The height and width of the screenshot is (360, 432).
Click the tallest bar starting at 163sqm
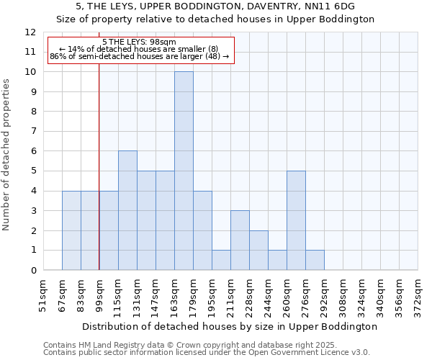[x=184, y=171]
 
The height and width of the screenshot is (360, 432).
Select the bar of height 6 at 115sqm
[x=127, y=210]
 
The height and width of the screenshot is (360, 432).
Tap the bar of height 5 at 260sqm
[x=296, y=220]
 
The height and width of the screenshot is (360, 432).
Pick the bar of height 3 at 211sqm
[x=240, y=240]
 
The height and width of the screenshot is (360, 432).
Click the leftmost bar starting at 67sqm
[x=71, y=230]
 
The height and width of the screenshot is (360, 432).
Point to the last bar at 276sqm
[x=315, y=260]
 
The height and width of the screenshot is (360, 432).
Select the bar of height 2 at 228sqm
[x=258, y=250]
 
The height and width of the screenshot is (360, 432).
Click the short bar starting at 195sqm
[x=221, y=260]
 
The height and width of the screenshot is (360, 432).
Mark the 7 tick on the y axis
[x=32, y=132]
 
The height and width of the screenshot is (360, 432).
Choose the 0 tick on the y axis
[x=32, y=271]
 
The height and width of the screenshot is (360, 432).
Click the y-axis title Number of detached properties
[x=6, y=155]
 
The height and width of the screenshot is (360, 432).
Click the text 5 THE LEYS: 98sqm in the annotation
[x=134, y=42]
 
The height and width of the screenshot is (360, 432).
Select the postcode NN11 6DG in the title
[x=334, y=6]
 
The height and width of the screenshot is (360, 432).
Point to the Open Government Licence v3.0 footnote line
[x=207, y=353]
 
